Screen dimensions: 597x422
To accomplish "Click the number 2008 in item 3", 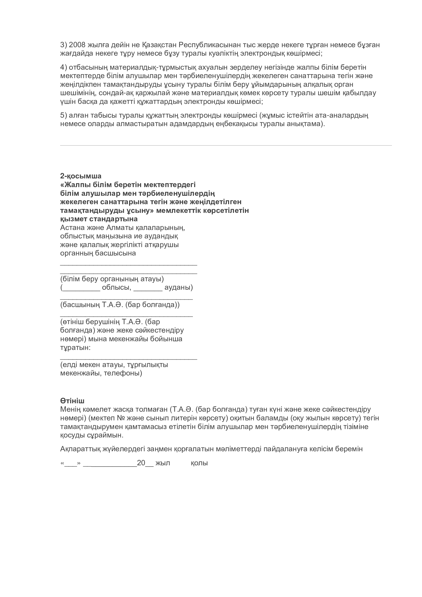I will pyautogui.click(x=77, y=45).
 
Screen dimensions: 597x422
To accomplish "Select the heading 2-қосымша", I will pyautogui.click(x=81, y=176).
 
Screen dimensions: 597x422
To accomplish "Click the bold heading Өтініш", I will pyautogui.click(x=72, y=401).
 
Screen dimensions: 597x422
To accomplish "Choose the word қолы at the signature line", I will pyautogui.click(x=199, y=463).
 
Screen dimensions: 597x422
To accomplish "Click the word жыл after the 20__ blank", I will pyautogui.click(x=163, y=463).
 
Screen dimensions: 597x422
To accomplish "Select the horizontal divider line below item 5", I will pyautogui.click(x=226, y=145).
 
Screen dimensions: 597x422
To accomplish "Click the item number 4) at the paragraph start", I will pyautogui.click(x=64, y=67).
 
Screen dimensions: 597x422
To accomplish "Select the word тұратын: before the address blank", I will pyautogui.click(x=75, y=347).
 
